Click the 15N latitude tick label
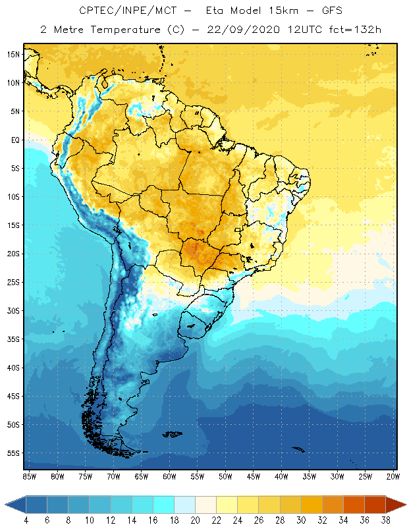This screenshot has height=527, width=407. (x=13, y=54)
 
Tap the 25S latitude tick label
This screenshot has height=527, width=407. (x=13, y=282)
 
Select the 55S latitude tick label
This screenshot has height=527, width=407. (x=13, y=453)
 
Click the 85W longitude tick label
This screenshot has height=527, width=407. (x=29, y=476)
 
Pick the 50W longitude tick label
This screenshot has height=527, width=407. (x=225, y=476)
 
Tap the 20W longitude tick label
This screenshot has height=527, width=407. (x=393, y=476)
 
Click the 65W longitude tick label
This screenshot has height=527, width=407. (x=141, y=476)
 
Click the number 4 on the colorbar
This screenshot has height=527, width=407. (x=26, y=520)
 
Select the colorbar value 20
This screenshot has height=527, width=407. (x=195, y=520)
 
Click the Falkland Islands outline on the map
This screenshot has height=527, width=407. (x=173, y=433)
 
